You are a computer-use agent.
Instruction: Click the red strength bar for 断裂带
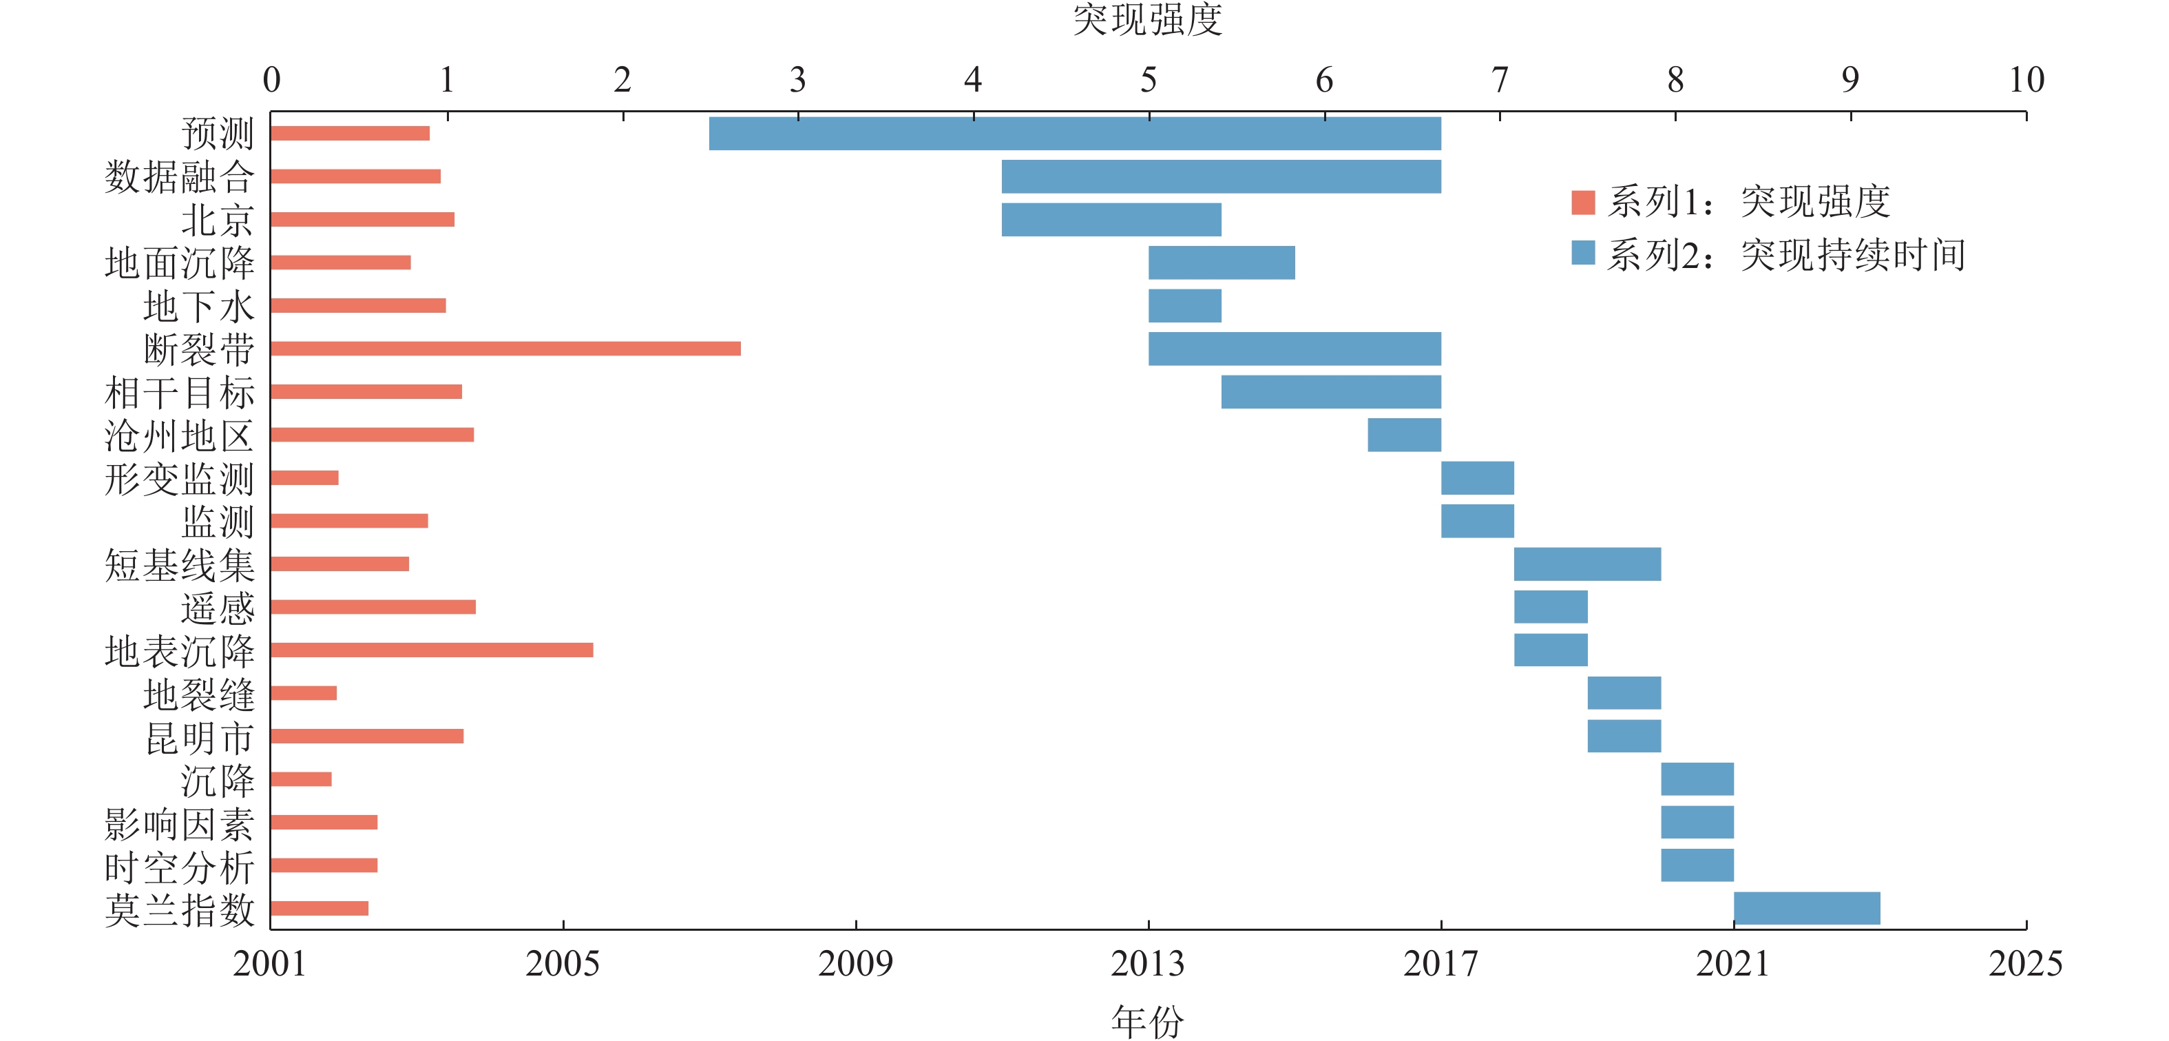505,349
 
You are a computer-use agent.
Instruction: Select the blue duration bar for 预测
1074,134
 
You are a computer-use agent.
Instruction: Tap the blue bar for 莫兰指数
1806,908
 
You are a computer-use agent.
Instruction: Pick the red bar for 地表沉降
432,650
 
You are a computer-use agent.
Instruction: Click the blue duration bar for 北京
1111,220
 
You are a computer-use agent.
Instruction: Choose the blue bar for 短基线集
1586,564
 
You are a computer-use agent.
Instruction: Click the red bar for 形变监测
305,477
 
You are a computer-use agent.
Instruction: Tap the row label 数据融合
179,177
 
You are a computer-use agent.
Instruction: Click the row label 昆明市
200,737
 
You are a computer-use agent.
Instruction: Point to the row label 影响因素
179,823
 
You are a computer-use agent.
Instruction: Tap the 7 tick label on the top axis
1500,80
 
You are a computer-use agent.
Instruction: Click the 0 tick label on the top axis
271,80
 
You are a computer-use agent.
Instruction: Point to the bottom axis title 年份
1148,1021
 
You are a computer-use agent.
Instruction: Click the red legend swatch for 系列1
1583,202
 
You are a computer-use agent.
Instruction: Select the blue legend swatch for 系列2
1583,253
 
